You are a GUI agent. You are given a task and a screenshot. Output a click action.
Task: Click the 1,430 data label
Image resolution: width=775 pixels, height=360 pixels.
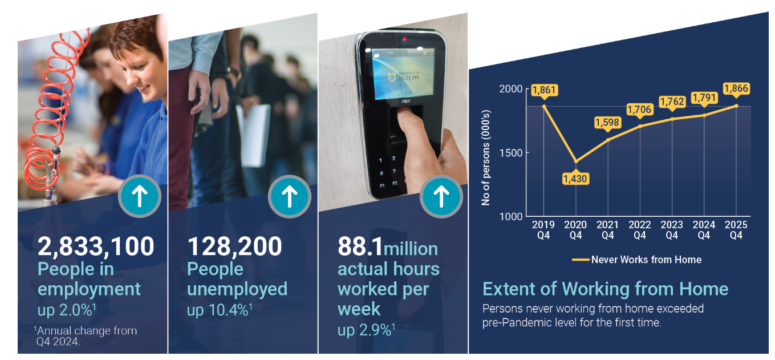coord(575,178)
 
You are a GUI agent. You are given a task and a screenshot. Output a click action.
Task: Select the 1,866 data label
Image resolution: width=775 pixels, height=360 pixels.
coord(736,88)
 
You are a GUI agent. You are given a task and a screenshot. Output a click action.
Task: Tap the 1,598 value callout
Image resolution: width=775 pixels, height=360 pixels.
coord(607,123)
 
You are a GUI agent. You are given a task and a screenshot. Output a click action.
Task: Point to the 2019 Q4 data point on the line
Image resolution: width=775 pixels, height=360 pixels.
coord(544,106)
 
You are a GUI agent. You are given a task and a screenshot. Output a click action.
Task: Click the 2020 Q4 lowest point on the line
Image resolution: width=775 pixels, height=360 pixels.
coord(576,161)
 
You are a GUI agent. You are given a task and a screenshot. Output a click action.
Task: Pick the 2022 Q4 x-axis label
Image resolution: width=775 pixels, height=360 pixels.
coord(640,230)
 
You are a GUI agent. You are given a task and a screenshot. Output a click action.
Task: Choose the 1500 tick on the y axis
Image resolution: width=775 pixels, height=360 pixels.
coord(510,153)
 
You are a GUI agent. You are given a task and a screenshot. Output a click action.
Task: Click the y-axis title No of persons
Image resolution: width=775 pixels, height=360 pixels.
coord(486,158)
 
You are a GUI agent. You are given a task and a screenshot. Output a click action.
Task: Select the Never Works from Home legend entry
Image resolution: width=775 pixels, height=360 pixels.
coord(636,260)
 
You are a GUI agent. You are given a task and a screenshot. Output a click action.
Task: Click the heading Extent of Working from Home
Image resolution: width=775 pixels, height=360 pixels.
coord(606,289)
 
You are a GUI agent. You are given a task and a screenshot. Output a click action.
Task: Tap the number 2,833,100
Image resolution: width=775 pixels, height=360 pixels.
coord(96,246)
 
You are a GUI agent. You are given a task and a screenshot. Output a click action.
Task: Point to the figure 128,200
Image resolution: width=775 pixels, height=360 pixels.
coord(234,246)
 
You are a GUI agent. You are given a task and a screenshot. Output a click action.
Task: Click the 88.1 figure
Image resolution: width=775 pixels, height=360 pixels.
coord(360,246)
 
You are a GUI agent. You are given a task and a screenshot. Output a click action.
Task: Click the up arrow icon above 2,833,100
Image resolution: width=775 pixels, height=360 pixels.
coord(139,196)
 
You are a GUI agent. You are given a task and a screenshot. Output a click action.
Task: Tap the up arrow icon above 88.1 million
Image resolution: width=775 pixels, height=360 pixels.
coord(441,196)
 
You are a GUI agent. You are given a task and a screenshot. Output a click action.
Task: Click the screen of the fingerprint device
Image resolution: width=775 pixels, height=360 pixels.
coord(403,73)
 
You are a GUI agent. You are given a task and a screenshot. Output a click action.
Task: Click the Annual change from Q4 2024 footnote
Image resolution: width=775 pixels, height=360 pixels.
coord(86,336)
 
